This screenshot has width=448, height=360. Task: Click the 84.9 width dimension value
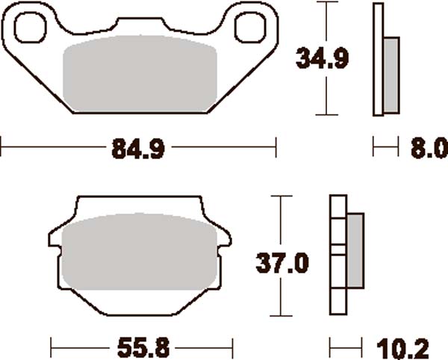(x=138, y=149)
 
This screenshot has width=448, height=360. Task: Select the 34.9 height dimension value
(x=323, y=58)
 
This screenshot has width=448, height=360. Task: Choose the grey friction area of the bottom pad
(x=140, y=254)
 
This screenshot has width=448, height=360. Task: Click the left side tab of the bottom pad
(x=55, y=243)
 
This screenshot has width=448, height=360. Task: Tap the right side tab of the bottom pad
(x=225, y=243)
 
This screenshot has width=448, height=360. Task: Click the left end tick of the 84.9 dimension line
(x=1, y=147)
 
